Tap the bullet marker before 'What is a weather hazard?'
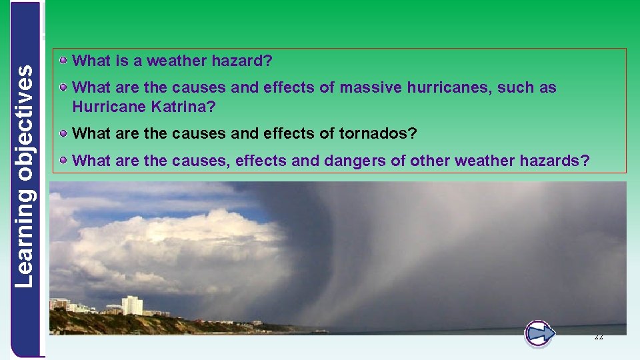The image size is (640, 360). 63,61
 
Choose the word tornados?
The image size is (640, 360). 378,133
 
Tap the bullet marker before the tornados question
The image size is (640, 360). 63,133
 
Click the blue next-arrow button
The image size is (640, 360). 539,333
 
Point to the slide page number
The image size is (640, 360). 598,337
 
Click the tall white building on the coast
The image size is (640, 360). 131,305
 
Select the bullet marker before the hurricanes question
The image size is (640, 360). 63,87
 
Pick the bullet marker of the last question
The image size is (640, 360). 63,159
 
